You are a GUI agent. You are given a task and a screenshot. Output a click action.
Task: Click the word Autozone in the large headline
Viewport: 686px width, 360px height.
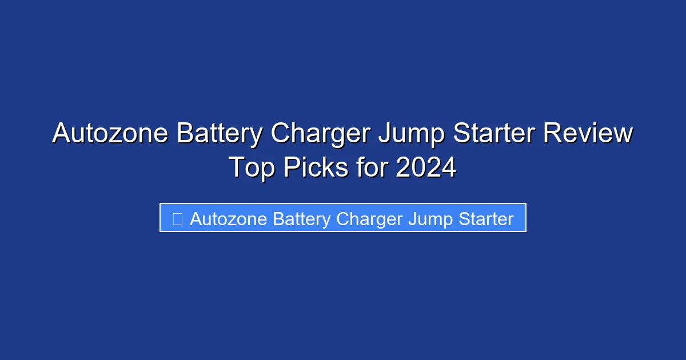pyautogui.click(x=110, y=134)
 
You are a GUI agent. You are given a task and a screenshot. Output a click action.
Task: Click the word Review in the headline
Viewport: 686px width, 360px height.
pyautogui.click(x=588, y=134)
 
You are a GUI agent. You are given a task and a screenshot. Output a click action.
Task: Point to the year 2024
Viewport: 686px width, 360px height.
pyautogui.click(x=426, y=168)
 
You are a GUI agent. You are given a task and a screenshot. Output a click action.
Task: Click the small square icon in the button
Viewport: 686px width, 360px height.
pyautogui.click(x=178, y=219)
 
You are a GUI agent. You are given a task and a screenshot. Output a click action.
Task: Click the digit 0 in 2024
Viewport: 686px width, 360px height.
pyautogui.click(x=418, y=168)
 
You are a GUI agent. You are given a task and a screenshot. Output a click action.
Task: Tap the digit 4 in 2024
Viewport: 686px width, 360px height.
pyautogui.click(x=449, y=168)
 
